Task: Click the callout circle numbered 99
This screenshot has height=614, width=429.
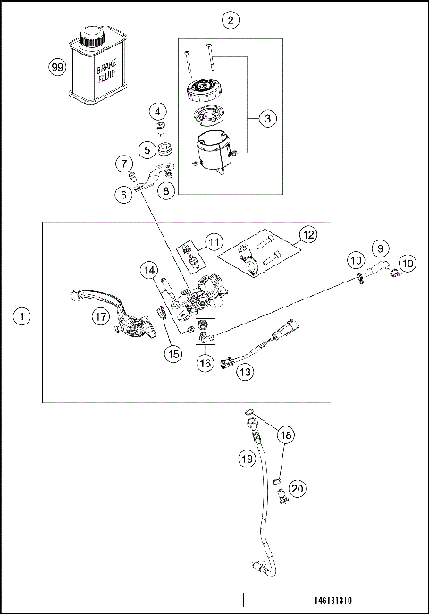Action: click(58, 68)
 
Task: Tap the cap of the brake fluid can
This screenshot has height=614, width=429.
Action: click(93, 37)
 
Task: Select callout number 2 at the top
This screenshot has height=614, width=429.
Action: click(231, 20)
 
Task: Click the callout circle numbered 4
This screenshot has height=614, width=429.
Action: click(158, 112)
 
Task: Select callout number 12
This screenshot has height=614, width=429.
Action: click(308, 236)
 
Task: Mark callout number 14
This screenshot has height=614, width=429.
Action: click(149, 270)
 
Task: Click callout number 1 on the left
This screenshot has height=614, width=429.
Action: click(22, 315)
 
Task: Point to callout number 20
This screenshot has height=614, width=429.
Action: click(298, 489)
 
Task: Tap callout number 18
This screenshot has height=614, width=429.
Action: click(285, 434)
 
